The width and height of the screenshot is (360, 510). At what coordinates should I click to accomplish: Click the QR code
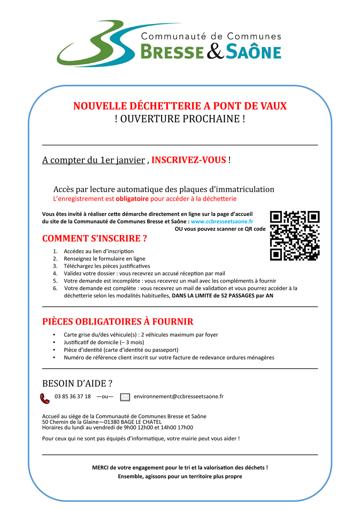point(295,236)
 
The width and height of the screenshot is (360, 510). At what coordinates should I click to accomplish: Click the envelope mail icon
point(125,398)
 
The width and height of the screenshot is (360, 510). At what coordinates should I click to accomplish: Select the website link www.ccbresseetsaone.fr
point(222,221)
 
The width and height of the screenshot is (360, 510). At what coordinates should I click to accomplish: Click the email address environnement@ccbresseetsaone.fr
point(178,397)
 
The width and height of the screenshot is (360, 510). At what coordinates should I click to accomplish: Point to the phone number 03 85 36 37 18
point(73,397)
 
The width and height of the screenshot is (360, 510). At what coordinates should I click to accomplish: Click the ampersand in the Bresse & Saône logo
point(215,52)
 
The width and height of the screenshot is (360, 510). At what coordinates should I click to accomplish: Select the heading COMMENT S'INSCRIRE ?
point(94,239)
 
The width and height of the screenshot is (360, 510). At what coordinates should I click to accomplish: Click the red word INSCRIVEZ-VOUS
point(189,160)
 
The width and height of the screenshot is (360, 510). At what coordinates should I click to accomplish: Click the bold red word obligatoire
point(132,199)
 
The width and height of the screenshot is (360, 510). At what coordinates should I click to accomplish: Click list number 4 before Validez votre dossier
point(55,274)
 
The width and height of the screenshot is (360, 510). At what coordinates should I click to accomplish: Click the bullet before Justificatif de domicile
point(54,343)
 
